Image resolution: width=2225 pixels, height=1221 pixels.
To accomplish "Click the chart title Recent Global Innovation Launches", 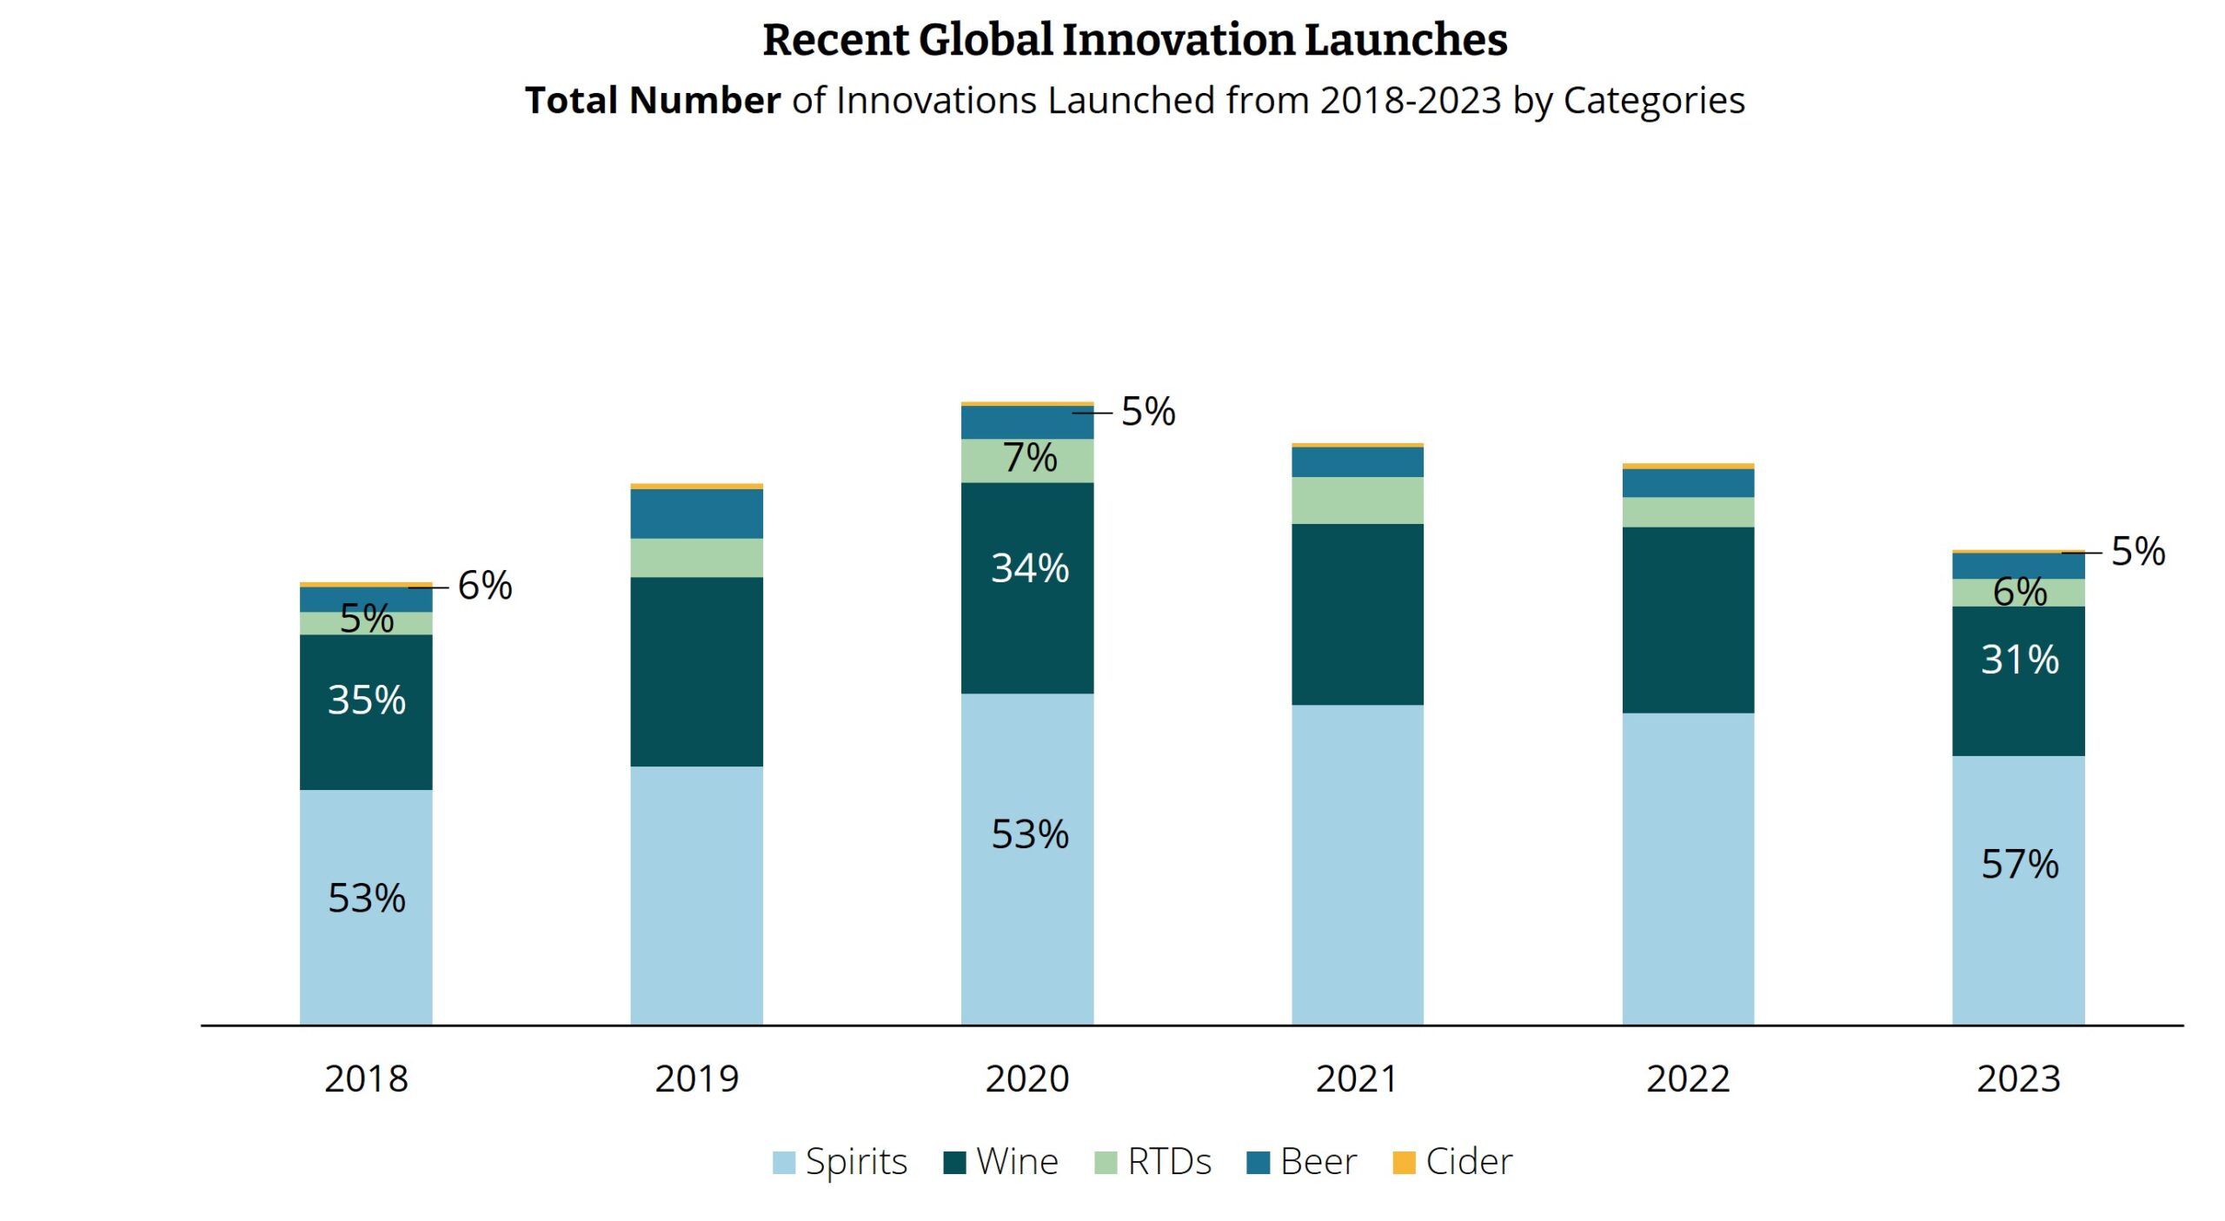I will coord(1134,40).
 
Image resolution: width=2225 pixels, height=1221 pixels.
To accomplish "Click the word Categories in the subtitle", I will coord(1653,101).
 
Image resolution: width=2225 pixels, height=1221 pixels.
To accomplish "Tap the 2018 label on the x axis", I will coord(366,1078).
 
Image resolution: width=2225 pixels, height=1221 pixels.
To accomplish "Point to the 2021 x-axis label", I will coord(1357,1078).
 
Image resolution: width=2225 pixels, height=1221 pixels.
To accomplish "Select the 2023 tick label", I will coord(2018,1078).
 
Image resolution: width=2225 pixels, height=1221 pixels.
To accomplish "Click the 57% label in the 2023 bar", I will coord(2019,864).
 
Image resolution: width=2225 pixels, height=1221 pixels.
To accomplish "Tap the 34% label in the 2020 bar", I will coord(1029,568).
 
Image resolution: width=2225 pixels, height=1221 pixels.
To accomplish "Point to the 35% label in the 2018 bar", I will coord(366,700).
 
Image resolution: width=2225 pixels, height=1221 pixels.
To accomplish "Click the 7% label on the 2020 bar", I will coord(1029,458).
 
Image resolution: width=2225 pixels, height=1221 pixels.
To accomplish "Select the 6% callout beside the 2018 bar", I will coord(484,586).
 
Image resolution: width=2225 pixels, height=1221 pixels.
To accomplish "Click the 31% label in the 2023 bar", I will coord(2019,660).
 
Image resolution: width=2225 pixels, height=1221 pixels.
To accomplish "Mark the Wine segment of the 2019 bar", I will coord(696,671).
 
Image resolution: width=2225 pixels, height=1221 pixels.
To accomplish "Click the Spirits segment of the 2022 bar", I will coord(1687,869).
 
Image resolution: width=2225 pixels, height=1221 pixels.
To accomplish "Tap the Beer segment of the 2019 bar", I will coord(696,514).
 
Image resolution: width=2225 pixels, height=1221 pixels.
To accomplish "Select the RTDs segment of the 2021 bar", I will coord(1357,500).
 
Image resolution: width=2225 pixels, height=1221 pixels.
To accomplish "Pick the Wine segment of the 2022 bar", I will coord(1687,620).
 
